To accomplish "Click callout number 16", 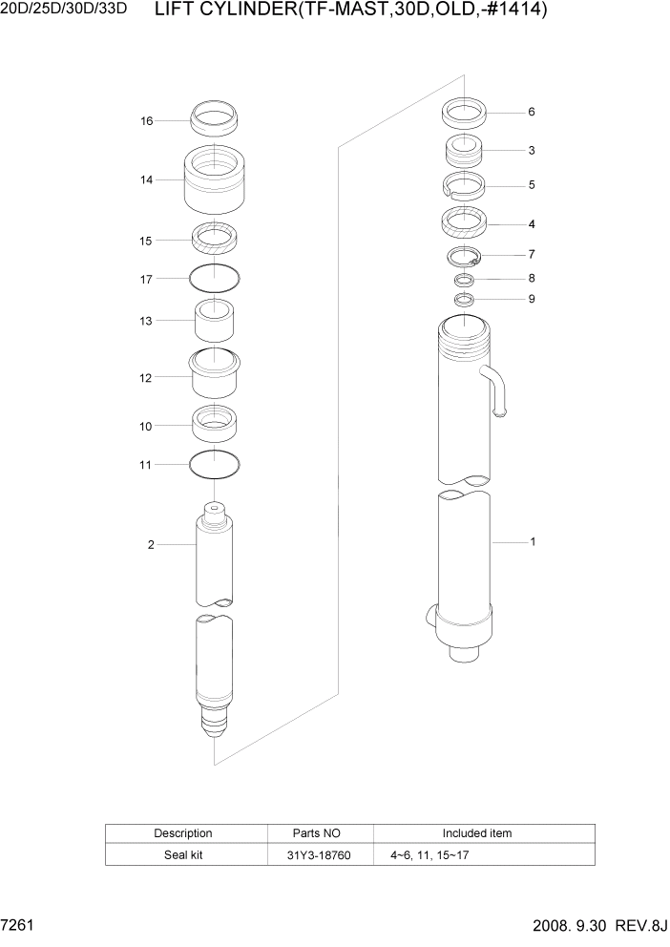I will [x=147, y=121].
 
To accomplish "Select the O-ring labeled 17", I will [x=215, y=279].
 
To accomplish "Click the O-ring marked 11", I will [x=215, y=465].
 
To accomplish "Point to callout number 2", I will [x=151, y=545].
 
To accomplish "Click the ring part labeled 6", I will [x=465, y=114].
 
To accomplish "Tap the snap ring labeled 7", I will [x=465, y=256].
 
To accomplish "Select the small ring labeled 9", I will [x=465, y=300].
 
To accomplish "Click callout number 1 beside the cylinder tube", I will [x=533, y=542].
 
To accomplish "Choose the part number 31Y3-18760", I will [x=320, y=855].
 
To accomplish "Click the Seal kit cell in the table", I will [x=183, y=855].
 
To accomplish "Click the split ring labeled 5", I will [x=465, y=186].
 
